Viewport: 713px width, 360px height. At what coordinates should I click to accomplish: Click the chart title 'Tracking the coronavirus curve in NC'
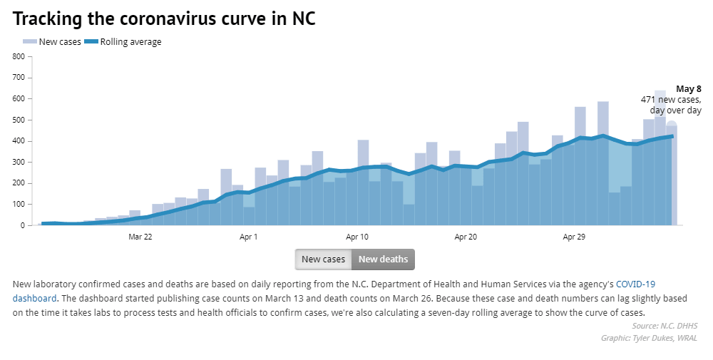pos(164,19)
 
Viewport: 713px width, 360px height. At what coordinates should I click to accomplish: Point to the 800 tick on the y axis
pos(19,56)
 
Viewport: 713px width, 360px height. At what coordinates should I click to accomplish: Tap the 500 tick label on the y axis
pos(19,120)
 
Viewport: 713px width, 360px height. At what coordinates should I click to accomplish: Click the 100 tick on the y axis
pos(19,205)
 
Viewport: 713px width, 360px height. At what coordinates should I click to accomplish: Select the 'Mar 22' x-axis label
pos(140,237)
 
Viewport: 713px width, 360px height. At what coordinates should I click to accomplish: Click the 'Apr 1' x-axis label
pos(249,237)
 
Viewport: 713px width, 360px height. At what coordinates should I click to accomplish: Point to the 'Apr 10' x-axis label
pos(357,237)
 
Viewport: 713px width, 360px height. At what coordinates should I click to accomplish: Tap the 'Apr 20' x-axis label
pos(466,237)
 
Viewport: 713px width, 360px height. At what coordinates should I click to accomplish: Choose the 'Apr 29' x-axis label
pos(574,237)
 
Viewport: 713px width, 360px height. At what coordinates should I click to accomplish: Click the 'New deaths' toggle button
pos(383,259)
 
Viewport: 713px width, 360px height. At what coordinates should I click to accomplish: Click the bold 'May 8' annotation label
pos(689,89)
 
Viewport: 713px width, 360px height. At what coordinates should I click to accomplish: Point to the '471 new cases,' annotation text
pos(671,100)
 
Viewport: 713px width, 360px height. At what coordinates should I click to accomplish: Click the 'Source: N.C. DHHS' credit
pos(665,326)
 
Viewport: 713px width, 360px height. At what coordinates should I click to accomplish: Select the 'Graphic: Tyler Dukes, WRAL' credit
pos(649,338)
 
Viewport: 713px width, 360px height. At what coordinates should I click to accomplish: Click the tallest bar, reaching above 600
pos(660,157)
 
